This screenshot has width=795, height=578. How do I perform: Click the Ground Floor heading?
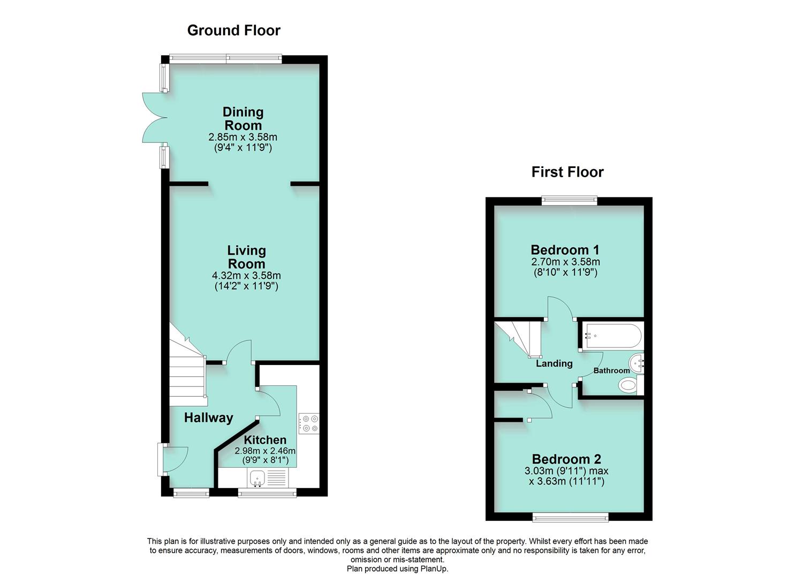(x=234, y=31)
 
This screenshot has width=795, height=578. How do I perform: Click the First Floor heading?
(x=567, y=172)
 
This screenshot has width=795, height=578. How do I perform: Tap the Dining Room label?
(x=243, y=118)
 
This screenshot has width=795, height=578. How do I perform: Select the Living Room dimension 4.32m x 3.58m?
(x=246, y=275)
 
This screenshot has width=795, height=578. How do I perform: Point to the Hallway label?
(x=209, y=417)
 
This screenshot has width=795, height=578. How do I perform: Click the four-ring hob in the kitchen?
(x=308, y=423)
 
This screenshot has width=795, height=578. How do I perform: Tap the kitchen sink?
(x=258, y=478)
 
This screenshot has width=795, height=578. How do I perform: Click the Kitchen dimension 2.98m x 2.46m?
(x=265, y=451)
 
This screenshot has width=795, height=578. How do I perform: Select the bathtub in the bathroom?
(x=612, y=336)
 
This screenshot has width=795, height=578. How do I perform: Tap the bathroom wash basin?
(x=636, y=363)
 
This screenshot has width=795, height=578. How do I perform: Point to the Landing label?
(x=554, y=363)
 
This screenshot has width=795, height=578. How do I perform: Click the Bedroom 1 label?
(x=565, y=250)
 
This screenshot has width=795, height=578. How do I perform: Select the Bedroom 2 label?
(x=566, y=459)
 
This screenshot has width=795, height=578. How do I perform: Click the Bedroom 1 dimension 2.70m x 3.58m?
(x=565, y=262)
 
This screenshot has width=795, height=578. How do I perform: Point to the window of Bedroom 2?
(x=570, y=518)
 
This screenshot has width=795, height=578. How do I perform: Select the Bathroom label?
(x=611, y=370)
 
